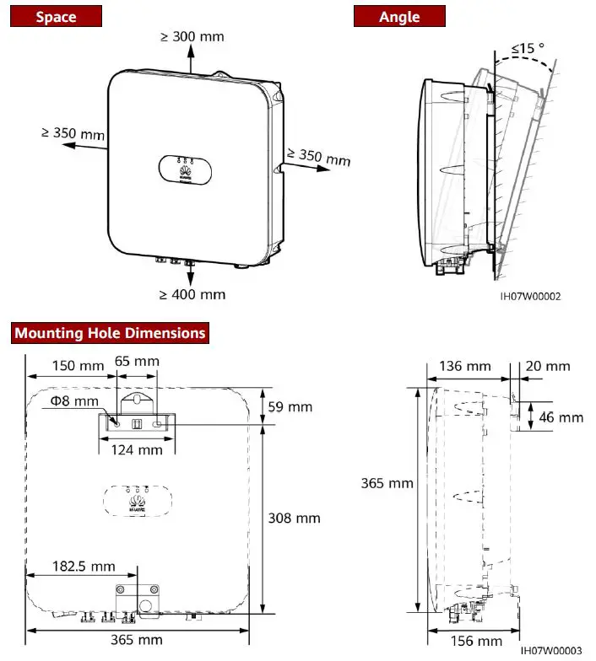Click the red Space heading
click(55, 16)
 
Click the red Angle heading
click(398, 16)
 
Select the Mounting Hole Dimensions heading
click(110, 333)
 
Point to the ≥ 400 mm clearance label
click(192, 294)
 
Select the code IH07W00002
click(528, 296)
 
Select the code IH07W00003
click(552, 651)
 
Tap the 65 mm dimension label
click(137, 361)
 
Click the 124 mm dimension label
click(137, 449)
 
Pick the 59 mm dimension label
click(290, 406)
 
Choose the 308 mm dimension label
click(293, 519)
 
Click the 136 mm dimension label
click(465, 366)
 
